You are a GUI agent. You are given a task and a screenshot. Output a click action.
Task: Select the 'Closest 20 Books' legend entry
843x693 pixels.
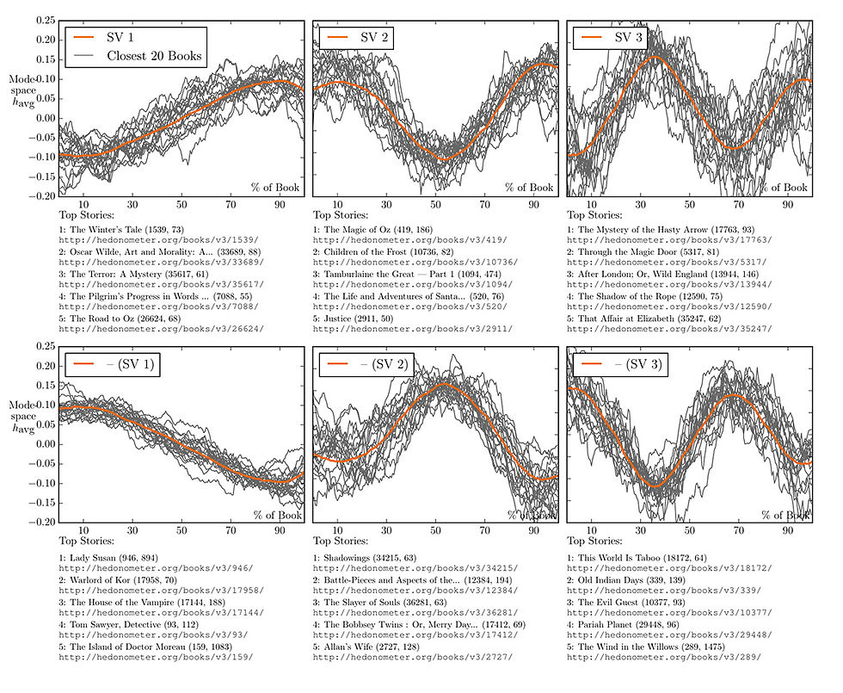tap(154, 57)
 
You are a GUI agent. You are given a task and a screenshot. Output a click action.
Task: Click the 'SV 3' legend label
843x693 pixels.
tap(632, 38)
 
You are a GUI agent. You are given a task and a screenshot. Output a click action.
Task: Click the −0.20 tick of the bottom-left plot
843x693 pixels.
tap(40, 522)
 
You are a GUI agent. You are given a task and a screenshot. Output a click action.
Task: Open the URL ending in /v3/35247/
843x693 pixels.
tap(670, 329)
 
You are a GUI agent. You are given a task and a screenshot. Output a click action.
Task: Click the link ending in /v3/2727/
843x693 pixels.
tap(412, 656)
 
